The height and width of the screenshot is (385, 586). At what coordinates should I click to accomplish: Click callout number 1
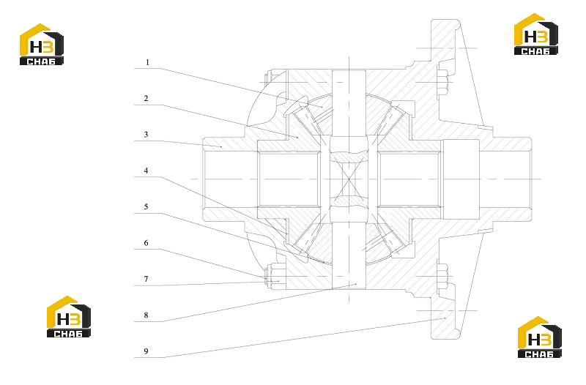(x=147, y=62)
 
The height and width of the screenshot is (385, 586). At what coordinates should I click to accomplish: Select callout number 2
(x=146, y=98)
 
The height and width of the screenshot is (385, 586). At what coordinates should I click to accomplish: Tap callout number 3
(x=146, y=135)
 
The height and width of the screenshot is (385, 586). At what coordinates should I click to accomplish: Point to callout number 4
(x=146, y=171)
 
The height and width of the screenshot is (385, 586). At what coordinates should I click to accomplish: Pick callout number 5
(x=146, y=206)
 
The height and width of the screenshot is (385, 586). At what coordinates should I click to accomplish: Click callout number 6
(x=146, y=243)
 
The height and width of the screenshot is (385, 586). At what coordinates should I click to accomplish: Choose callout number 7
(x=146, y=279)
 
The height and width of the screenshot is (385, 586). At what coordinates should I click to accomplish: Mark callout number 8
(x=146, y=315)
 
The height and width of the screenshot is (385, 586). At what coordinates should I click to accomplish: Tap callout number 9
(x=146, y=351)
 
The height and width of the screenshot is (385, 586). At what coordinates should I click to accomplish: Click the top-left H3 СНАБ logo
(x=42, y=45)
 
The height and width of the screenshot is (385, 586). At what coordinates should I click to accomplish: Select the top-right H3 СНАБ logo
(x=536, y=34)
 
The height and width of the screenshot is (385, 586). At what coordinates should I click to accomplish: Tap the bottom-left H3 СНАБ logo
(x=68, y=317)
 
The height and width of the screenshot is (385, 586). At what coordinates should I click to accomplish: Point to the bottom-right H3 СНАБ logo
(x=539, y=337)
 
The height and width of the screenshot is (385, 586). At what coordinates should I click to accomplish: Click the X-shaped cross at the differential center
(x=349, y=179)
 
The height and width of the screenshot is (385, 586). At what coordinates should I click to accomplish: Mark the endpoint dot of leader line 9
(x=445, y=318)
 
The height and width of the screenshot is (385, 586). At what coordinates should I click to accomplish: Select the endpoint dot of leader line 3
(x=221, y=147)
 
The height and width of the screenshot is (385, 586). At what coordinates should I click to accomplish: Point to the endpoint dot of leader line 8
(x=356, y=285)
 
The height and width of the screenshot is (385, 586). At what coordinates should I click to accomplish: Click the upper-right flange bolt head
(x=443, y=82)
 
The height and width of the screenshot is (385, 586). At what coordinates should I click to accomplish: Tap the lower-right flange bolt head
(x=443, y=277)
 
